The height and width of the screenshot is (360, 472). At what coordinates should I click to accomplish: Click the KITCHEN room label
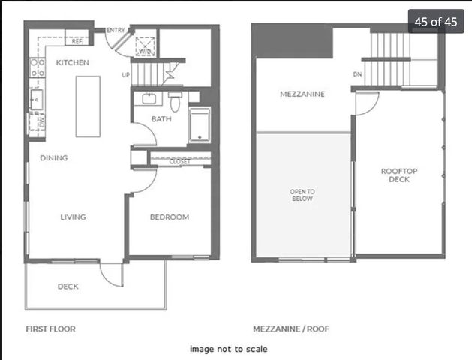73,62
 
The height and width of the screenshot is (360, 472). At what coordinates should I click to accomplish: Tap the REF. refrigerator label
77,41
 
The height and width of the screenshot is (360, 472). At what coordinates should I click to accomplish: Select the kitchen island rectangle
88,106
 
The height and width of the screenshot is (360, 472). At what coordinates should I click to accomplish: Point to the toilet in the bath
175,101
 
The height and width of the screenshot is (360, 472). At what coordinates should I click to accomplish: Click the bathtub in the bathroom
200,124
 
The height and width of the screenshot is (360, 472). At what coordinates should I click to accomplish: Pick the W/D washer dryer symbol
145,46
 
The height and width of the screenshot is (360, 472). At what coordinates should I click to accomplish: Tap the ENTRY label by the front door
116,30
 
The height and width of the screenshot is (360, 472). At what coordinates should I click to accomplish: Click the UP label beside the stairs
125,74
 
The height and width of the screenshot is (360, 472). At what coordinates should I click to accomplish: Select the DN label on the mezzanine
357,74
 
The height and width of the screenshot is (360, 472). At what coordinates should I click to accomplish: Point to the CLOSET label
179,161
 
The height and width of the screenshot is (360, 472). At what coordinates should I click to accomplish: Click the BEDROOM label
170,217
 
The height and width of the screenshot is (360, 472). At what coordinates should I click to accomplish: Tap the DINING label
54,158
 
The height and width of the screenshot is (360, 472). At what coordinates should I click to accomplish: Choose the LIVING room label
73,217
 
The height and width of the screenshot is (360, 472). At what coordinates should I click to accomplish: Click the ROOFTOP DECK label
399,175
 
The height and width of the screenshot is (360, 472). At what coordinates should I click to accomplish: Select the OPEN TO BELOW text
302,195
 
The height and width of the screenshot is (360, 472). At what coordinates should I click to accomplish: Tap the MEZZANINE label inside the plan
302,94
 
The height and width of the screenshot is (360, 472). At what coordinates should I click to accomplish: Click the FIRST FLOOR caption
50,328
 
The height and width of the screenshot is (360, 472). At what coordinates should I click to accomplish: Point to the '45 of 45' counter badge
436,21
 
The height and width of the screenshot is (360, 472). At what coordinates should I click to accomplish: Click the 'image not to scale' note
228,349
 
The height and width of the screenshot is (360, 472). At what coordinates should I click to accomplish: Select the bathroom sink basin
149,98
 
